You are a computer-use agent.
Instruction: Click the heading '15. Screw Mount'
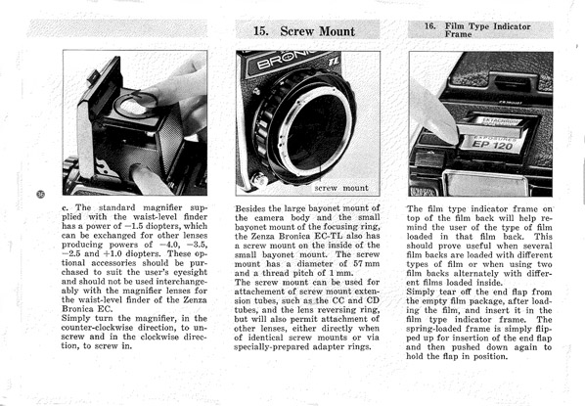(x=304, y=31)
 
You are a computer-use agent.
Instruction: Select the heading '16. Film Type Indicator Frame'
(x=477, y=30)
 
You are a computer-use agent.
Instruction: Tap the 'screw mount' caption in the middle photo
(x=341, y=188)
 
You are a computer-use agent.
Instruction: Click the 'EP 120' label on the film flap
(x=492, y=145)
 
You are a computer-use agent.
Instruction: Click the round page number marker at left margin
(x=41, y=194)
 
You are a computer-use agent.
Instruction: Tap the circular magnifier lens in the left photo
(x=135, y=106)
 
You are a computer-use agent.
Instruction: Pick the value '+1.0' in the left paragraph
(x=112, y=253)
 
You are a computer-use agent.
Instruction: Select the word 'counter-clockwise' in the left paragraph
(x=98, y=328)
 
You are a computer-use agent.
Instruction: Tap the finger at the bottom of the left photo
(x=148, y=180)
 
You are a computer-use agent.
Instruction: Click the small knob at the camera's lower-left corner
(x=259, y=179)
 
